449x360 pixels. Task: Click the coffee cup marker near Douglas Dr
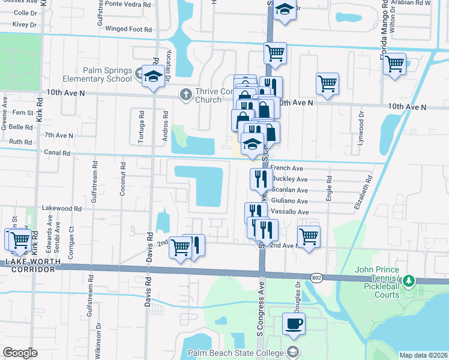[x=294, y=324]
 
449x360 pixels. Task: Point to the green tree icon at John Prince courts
[x=409, y=281]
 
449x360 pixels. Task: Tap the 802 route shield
[x=316, y=277]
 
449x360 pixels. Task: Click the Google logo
[x=20, y=353]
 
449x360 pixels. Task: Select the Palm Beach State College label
[x=237, y=353]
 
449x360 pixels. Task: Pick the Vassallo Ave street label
[x=290, y=212]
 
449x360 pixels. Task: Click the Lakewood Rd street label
[x=61, y=208]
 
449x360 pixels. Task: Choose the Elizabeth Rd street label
[x=363, y=192]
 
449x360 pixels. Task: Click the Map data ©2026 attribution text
[x=423, y=355]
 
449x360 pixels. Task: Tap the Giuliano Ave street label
[x=290, y=202]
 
